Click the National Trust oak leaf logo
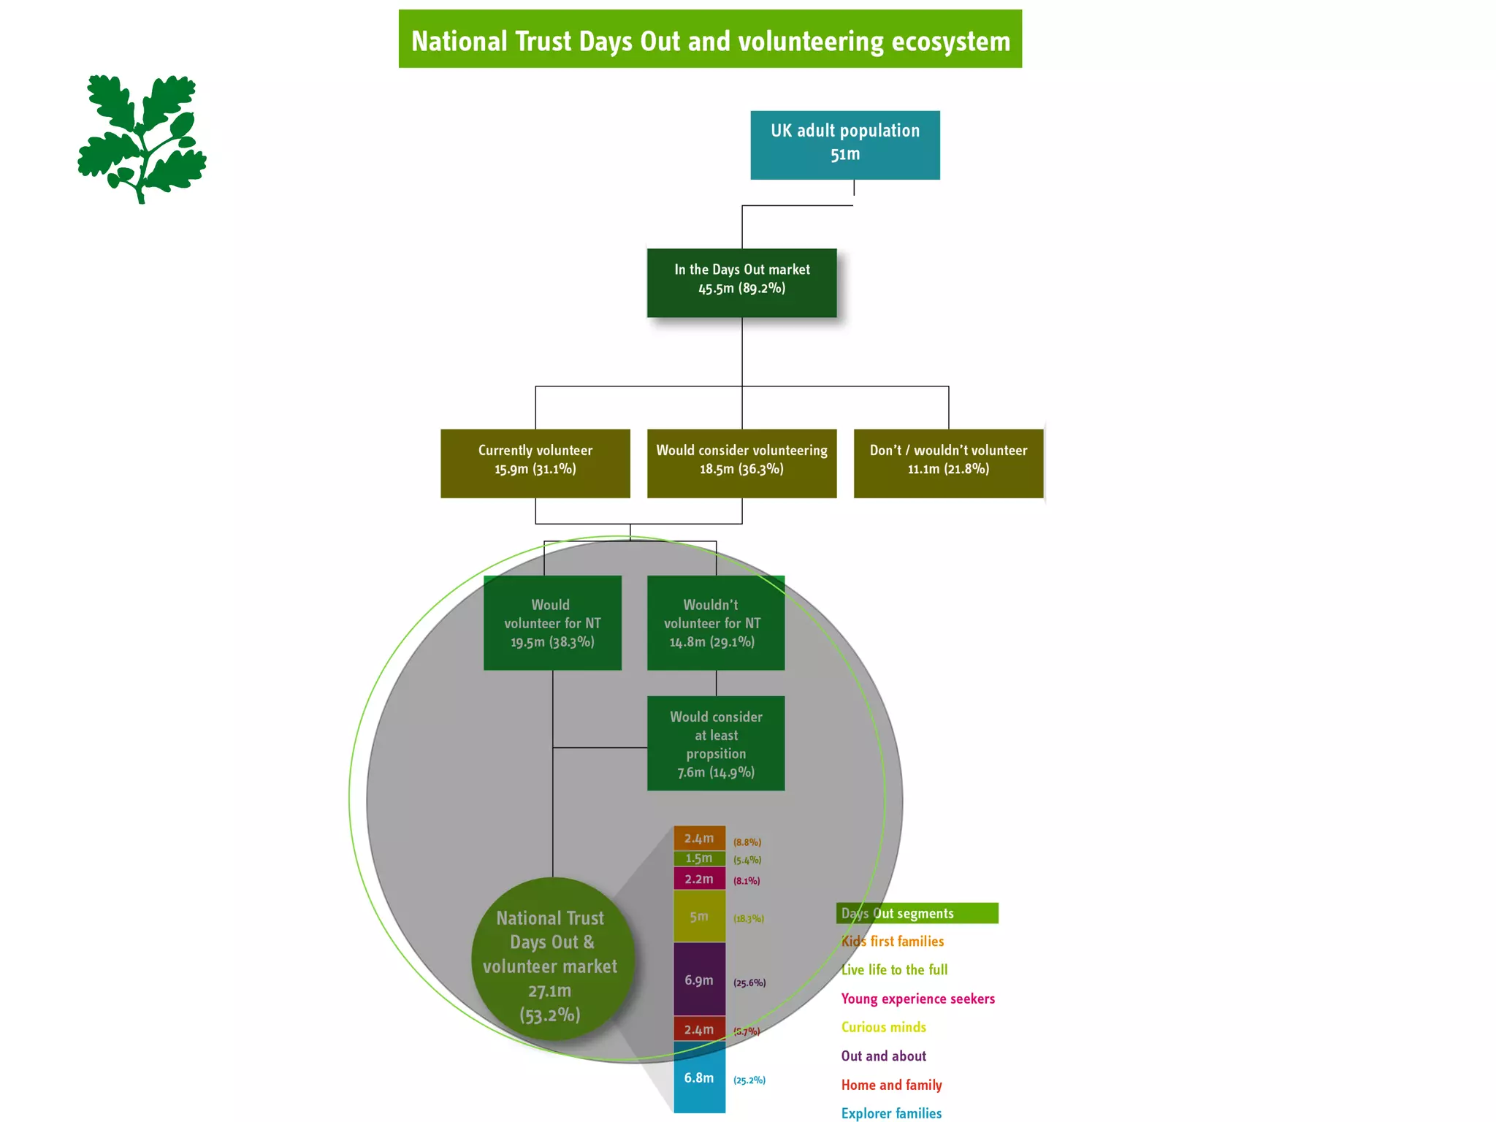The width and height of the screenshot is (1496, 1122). (142, 139)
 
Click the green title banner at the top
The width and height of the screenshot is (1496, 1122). (710, 39)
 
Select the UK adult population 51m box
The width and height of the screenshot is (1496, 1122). (845, 145)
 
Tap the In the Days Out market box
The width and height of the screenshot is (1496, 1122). (741, 282)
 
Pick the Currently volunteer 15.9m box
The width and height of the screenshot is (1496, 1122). (535, 463)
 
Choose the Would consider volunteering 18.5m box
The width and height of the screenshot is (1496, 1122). (741, 463)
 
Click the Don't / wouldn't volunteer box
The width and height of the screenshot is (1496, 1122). (948, 463)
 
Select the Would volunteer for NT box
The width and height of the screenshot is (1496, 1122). (552, 622)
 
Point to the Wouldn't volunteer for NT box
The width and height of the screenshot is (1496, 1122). (715, 622)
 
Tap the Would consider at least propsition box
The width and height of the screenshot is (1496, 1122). (715, 743)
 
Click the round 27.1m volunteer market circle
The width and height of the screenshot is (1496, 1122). (552, 959)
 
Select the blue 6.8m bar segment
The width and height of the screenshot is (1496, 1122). (699, 1078)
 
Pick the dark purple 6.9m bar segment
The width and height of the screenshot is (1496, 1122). (699, 979)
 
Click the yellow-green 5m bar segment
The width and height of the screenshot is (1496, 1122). (699, 916)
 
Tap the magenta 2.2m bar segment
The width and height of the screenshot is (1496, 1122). (699, 879)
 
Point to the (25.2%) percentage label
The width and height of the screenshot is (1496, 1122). (749, 1080)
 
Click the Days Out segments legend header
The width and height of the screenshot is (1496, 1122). (917, 913)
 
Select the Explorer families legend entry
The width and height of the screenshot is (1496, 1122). (891, 1113)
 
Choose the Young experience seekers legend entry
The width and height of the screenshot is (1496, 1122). (917, 999)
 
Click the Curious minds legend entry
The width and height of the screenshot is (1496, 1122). (883, 1027)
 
